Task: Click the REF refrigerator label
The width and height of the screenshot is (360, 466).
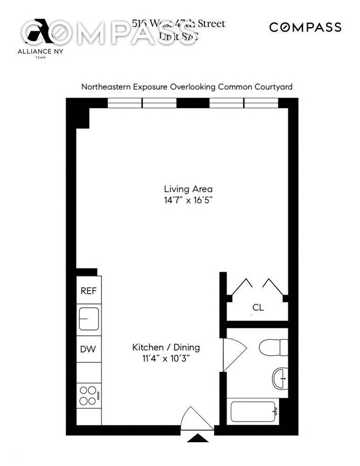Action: tap(89, 291)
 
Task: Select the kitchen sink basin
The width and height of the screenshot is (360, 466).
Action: tap(89, 320)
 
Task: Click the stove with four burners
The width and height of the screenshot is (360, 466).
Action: tap(89, 396)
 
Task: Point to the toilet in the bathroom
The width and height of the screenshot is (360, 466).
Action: tap(273, 347)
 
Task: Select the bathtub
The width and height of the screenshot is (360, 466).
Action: tap(253, 412)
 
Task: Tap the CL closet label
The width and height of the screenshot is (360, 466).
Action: tap(258, 306)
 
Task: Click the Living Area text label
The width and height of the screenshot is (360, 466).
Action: tap(184, 188)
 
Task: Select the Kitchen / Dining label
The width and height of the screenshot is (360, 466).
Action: tap(166, 347)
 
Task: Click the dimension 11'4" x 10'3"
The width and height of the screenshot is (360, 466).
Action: tap(166, 359)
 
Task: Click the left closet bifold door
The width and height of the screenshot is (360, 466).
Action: tap(241, 285)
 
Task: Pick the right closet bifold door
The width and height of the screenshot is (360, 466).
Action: tap(273, 285)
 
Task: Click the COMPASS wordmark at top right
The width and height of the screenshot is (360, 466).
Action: tap(305, 27)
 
